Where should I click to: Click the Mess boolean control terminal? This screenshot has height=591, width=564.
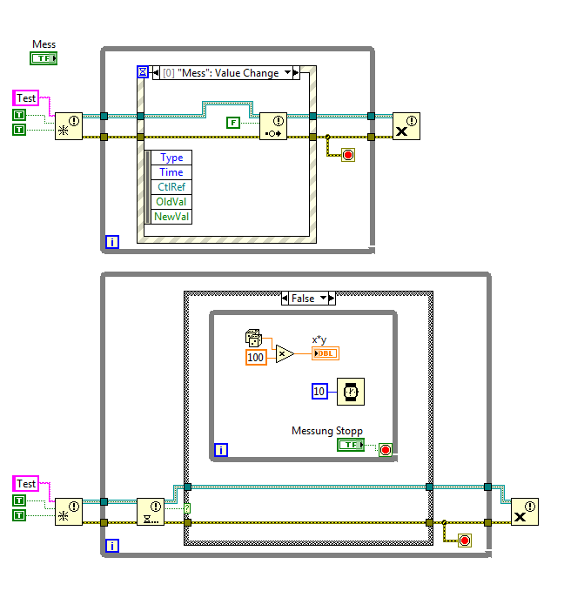pos(44,58)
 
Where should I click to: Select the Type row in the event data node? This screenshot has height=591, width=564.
pos(171,158)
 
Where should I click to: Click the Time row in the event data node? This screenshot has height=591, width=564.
pos(171,172)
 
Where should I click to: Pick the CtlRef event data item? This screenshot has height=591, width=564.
pos(171,187)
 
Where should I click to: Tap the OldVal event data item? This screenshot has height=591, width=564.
pos(171,202)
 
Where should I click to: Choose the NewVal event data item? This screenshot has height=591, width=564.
pos(171,217)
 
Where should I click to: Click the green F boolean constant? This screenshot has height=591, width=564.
pos(232,122)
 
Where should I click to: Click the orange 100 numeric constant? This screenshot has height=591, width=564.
pos(255,357)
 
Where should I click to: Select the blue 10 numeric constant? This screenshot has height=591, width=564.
pos(319,392)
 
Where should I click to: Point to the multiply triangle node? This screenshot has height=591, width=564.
pos(285,353)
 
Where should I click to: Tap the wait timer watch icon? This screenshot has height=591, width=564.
pos(351,392)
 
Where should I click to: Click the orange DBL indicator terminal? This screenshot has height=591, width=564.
pos(325,353)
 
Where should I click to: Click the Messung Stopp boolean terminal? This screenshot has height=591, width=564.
pos(351,445)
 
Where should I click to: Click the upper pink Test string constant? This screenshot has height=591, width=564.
pos(27,98)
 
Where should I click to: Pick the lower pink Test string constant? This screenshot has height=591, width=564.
pos(27,484)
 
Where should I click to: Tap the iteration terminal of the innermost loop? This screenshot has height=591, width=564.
pos(221,450)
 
